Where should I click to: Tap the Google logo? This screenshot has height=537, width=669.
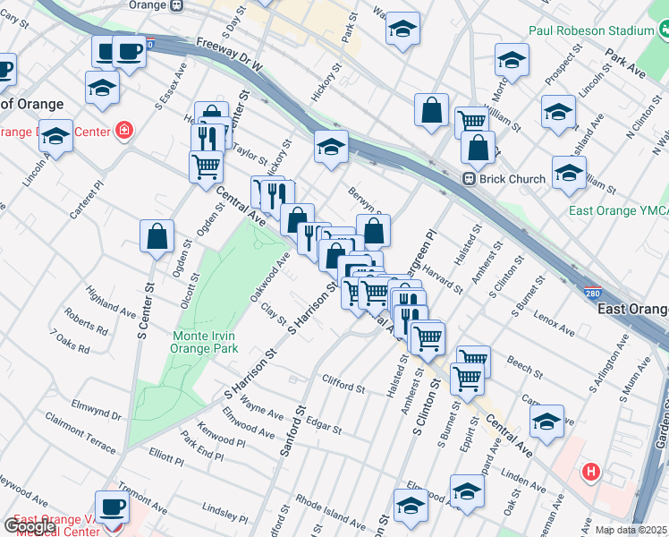point(29,526)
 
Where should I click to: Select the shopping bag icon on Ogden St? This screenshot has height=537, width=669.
point(157,237)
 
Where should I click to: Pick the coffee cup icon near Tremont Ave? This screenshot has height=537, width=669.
point(113,507)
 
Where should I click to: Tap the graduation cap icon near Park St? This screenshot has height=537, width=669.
point(402,30)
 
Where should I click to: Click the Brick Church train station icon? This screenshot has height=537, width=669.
point(468,179)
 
